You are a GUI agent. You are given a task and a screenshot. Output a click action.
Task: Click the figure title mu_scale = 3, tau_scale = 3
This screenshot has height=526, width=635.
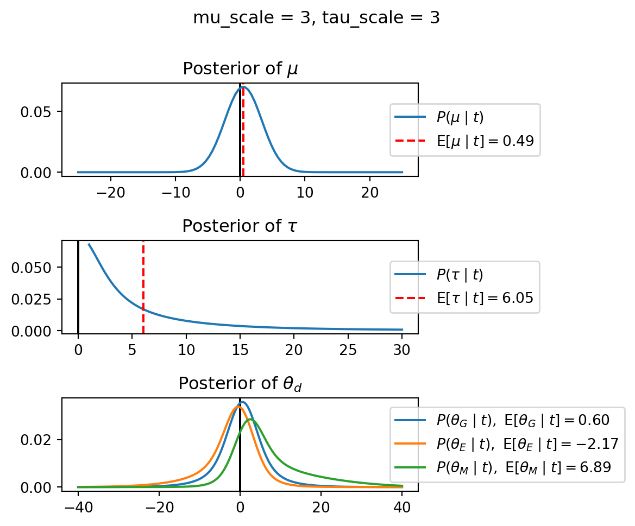pos(317,18)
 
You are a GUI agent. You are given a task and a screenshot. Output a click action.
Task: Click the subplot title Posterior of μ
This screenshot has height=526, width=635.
pos(240,69)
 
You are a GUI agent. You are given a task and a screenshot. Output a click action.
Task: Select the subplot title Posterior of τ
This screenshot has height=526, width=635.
pos(240,226)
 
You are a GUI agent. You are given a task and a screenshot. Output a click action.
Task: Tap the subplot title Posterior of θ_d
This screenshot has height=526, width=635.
pos(240,384)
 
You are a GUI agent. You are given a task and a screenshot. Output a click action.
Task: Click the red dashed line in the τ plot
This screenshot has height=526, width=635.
pos(143,282)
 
